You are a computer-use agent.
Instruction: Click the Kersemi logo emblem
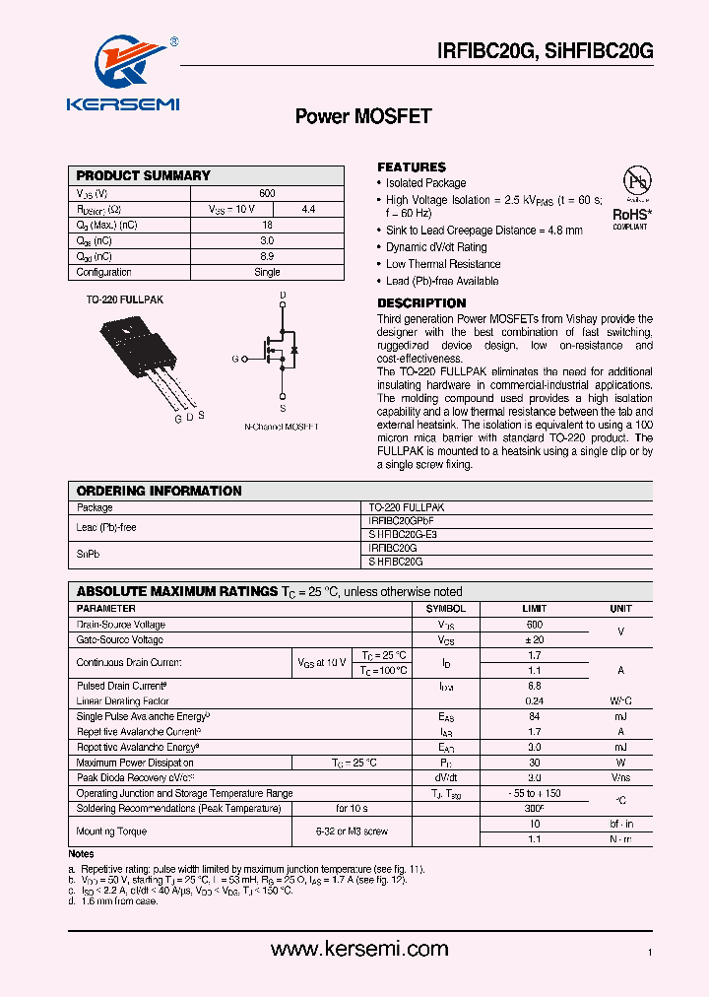125,65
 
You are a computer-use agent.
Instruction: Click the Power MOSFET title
363,116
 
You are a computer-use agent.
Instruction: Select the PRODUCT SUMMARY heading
144,175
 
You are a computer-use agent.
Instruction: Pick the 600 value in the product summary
267,193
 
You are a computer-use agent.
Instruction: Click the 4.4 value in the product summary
308,209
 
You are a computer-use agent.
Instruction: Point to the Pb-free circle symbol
635,183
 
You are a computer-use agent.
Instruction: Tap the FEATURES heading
412,167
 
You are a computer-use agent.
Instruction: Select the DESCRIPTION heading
421,303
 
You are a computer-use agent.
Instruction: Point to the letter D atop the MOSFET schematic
283,296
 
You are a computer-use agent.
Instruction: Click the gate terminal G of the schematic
236,360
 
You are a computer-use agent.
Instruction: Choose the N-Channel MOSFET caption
282,426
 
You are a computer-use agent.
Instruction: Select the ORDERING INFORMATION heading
160,491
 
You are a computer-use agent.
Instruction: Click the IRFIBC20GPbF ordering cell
401,519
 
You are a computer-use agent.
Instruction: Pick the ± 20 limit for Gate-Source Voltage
534,640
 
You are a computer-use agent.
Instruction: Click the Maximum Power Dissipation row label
135,763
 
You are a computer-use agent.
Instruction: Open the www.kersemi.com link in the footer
359,950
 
